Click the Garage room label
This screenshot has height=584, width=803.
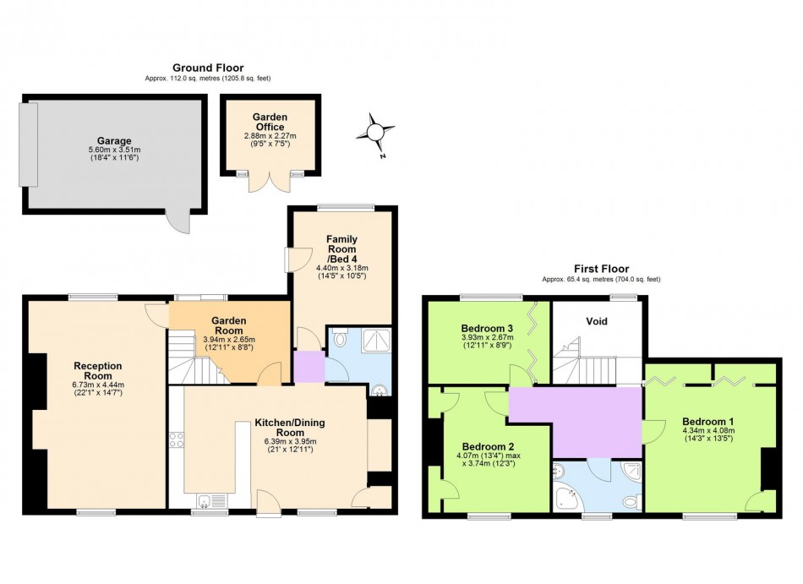114,141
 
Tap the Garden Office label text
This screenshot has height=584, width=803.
270,122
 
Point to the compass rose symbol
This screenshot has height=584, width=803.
375,133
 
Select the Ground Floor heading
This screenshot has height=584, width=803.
208,68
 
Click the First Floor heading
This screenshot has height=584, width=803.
601,269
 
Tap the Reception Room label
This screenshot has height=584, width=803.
98,370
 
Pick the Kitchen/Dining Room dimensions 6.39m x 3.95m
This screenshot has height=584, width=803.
290,442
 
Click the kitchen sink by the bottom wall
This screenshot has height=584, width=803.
211,500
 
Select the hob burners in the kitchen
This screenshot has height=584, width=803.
176,439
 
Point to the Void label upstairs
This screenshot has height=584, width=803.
597,321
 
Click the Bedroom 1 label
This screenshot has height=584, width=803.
707,422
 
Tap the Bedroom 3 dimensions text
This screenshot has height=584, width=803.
487,341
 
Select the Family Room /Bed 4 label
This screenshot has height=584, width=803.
341,249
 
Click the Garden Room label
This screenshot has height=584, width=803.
229,325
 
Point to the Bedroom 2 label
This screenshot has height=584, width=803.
488,447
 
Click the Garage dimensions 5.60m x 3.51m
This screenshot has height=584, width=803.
114,150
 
